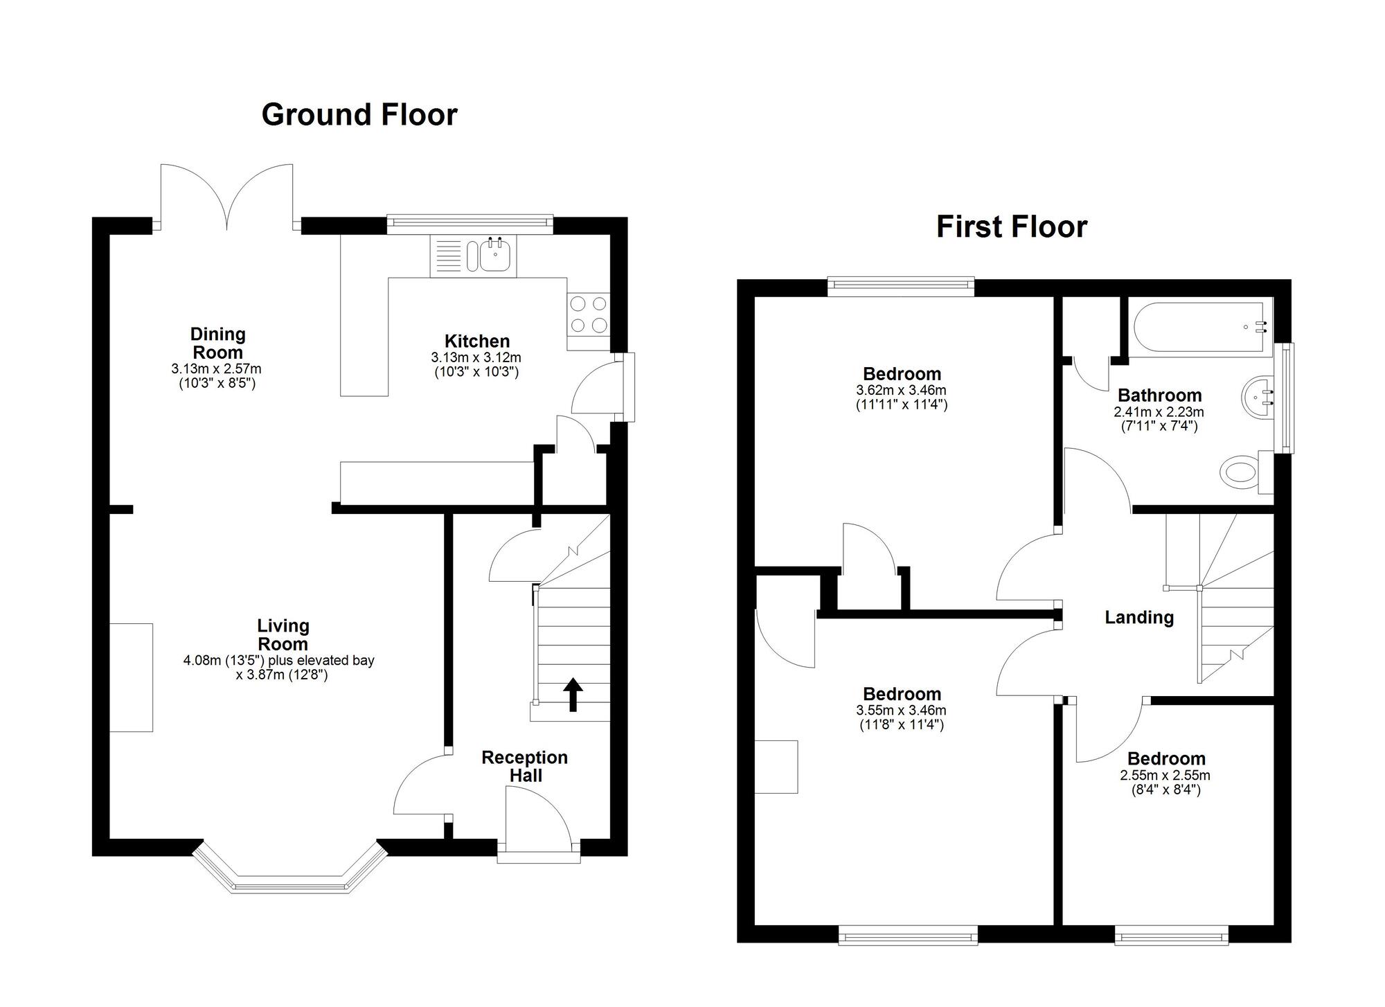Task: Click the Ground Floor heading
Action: tap(359, 115)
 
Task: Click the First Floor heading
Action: tap(1012, 227)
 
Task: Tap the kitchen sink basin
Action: tap(495, 256)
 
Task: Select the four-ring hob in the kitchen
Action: tap(588, 314)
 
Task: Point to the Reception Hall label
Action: tap(525, 767)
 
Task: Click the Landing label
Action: tap(1138, 617)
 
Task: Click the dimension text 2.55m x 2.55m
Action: tap(1165, 776)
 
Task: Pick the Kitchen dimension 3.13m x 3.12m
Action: tap(476, 358)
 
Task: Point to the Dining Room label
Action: tap(217, 343)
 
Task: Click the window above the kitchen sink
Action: tap(470, 222)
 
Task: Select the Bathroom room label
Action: tap(1159, 395)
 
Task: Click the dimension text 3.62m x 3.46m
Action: tap(901, 391)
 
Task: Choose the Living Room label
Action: tap(283, 634)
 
